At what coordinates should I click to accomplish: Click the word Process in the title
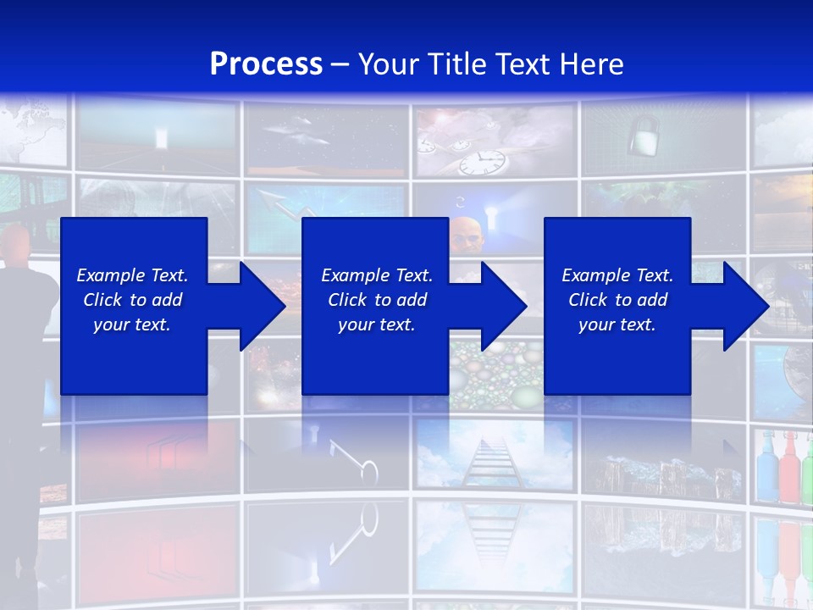[x=266, y=64]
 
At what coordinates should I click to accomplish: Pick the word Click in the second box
[x=347, y=300]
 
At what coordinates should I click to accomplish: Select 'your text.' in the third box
[x=617, y=324]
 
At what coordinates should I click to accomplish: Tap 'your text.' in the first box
[x=132, y=324]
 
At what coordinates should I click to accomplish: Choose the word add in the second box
[x=411, y=300]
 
